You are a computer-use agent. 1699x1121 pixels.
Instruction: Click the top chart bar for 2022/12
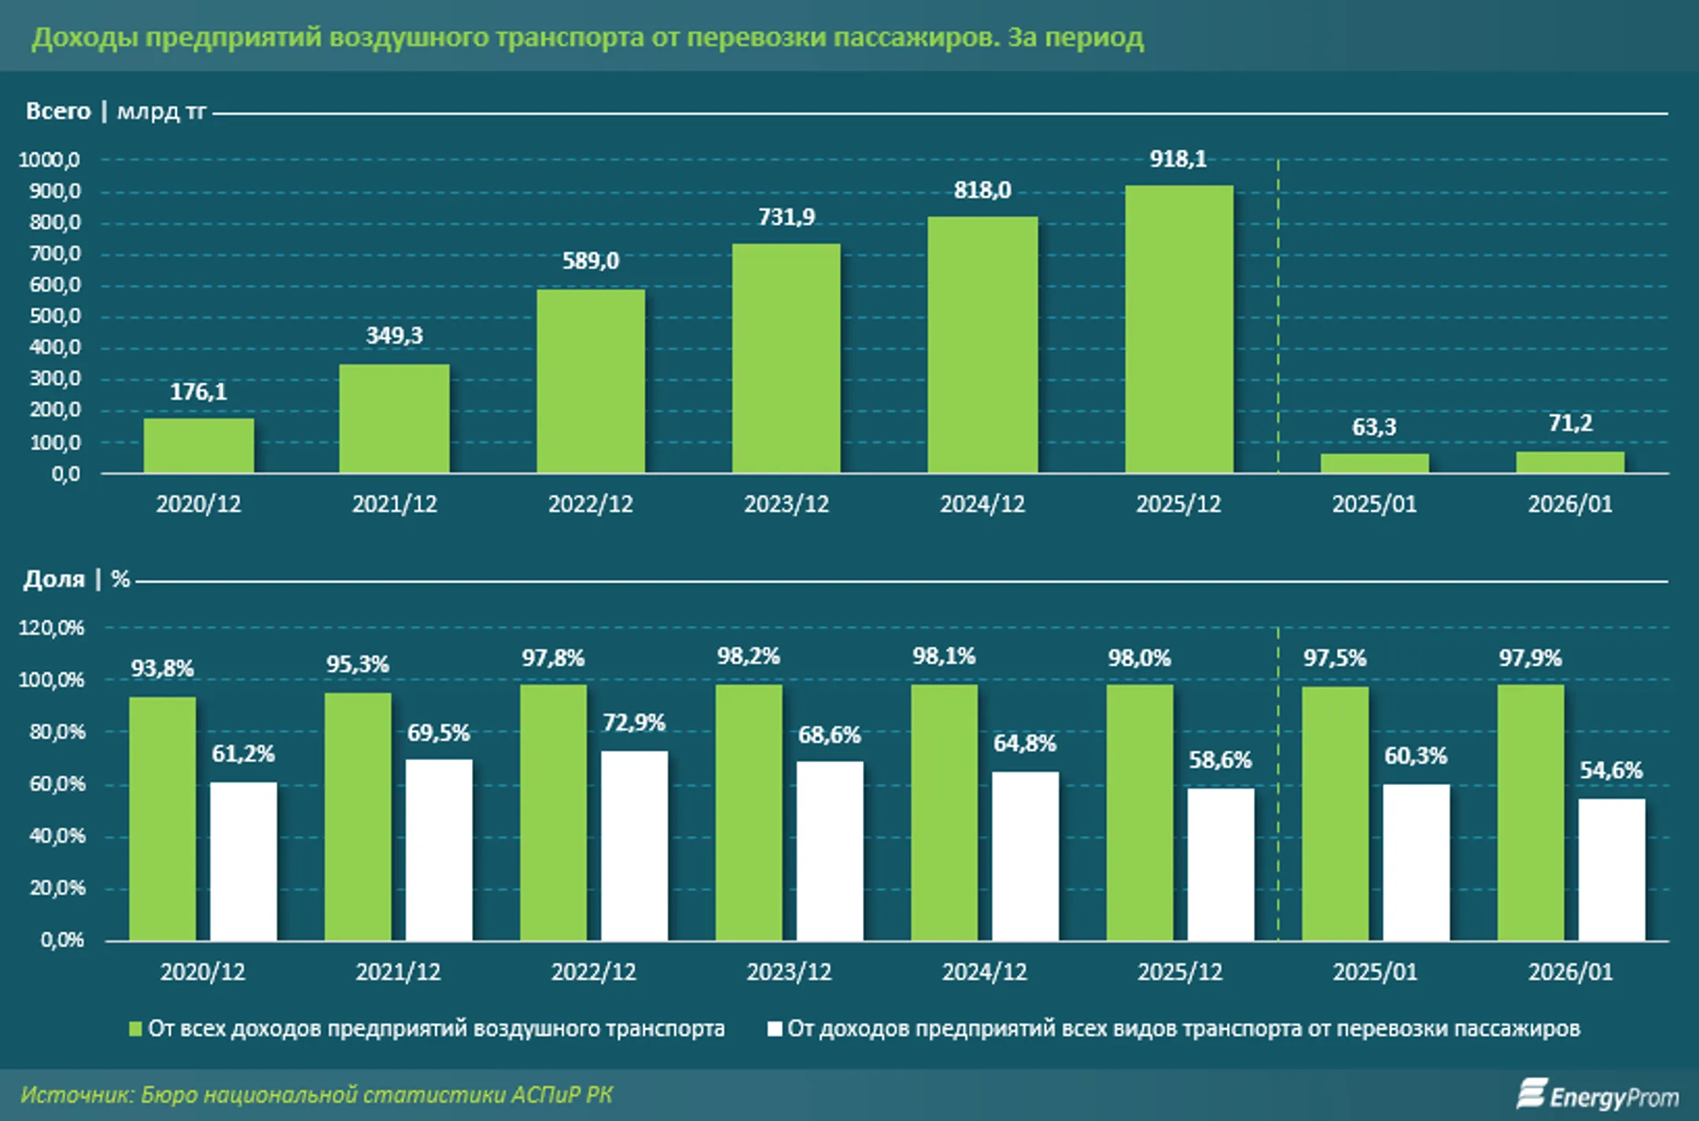pos(591,382)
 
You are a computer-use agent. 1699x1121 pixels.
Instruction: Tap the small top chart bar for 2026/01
pos(1570,463)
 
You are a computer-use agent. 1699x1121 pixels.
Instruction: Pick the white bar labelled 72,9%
pos(634,846)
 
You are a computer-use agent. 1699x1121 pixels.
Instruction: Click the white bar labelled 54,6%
pos(1611,869)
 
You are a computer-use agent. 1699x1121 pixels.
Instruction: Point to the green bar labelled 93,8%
pos(162,818)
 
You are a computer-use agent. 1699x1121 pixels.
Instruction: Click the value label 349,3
pos(394,336)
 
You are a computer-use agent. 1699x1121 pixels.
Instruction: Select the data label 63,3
pos(1374,427)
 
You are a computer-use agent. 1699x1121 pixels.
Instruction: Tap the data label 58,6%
pos(1219,760)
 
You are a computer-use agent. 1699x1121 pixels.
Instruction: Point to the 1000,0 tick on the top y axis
pos(50,160)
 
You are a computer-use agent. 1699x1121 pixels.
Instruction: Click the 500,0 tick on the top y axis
pos(55,316)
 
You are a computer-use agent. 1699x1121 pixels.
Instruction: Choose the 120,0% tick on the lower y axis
pos(52,628)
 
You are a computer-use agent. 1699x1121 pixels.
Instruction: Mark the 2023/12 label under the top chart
pos(787,504)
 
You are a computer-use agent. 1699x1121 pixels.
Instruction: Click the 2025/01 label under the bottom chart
pos(1374,972)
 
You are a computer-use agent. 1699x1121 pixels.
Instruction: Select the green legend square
pos(135,1029)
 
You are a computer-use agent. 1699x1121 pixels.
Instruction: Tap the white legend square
pos(774,1029)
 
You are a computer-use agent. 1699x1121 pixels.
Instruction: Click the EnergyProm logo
pos(1597,1095)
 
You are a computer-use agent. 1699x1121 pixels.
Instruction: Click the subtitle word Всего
pos(58,112)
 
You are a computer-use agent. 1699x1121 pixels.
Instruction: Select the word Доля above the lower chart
pos(53,580)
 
